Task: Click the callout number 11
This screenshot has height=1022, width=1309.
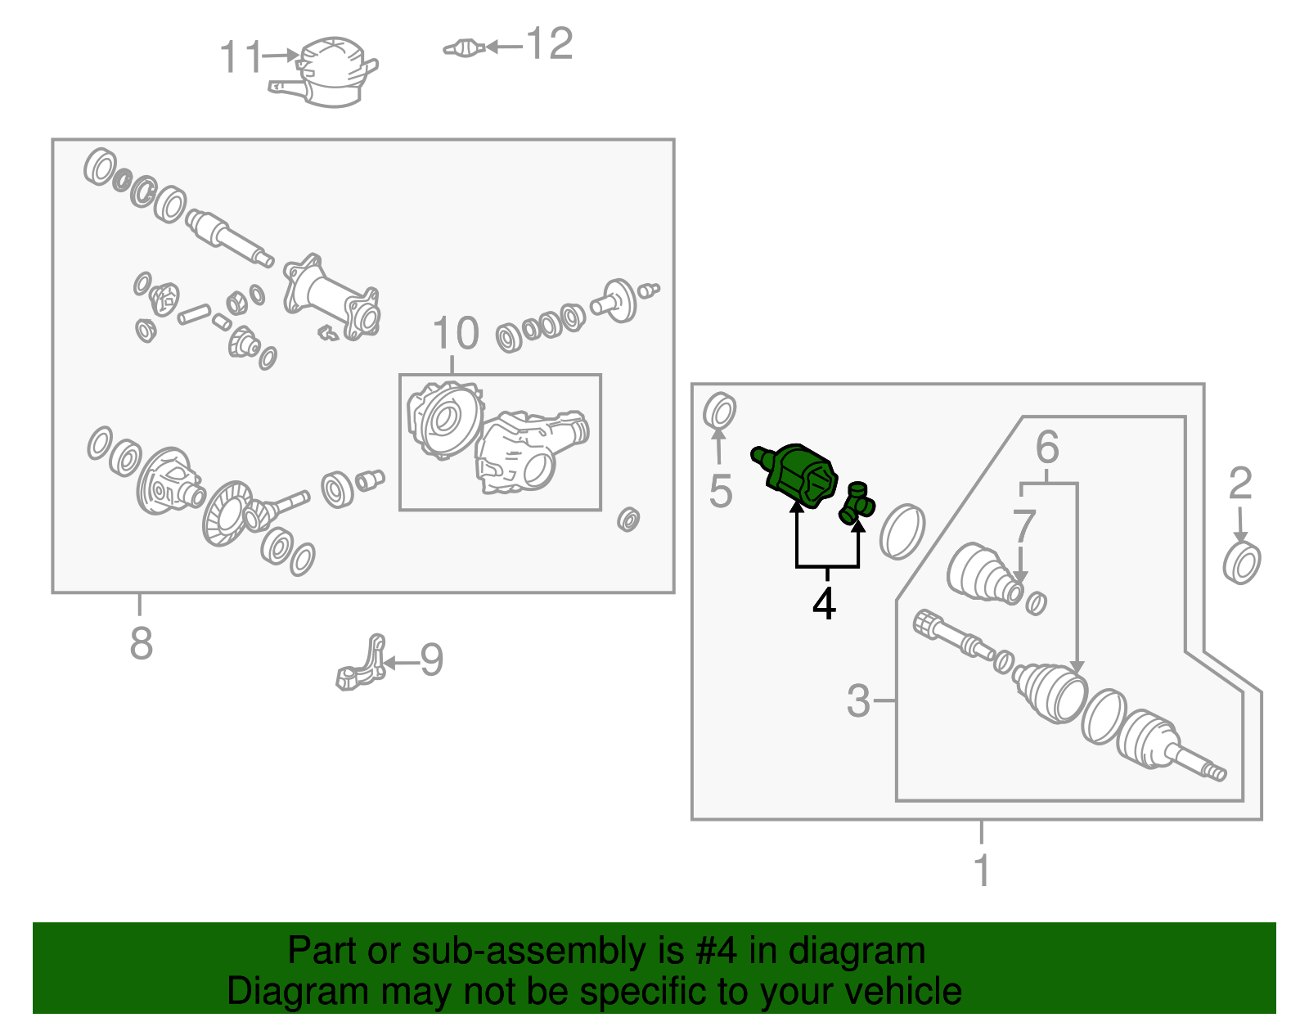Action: click(241, 56)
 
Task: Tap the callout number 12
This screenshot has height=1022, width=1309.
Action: click(550, 43)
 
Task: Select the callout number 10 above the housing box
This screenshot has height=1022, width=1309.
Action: click(456, 333)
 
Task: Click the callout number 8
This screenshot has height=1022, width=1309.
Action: click(142, 643)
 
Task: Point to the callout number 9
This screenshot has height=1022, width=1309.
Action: click(431, 660)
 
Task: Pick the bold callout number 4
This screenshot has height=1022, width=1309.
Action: click(824, 603)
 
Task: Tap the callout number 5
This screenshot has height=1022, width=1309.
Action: click(721, 491)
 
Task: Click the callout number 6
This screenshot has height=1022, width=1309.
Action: click(1047, 447)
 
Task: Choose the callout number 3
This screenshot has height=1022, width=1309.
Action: click(858, 700)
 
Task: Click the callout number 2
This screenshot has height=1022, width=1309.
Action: click(1240, 483)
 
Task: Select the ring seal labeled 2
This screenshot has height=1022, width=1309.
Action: click(1242, 562)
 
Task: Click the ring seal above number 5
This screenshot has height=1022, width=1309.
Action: click(719, 411)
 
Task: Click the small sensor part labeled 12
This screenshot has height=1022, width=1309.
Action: click(464, 47)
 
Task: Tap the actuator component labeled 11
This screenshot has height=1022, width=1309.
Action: click(326, 72)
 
